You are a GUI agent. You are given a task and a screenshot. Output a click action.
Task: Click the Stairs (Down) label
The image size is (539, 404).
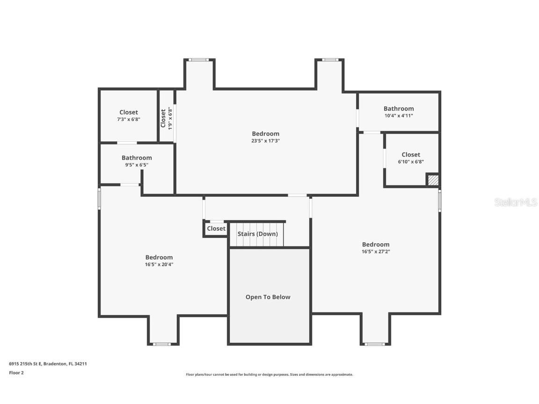coord(257,234)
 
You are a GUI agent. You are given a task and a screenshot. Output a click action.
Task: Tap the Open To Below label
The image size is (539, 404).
coord(268,297)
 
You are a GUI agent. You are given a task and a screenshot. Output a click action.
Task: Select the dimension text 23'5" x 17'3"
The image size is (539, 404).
coord(265,141)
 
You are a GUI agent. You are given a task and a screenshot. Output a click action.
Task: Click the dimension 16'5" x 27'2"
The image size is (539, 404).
coord(375,252)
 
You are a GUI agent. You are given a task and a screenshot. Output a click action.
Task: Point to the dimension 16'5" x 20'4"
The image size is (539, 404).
coord(159,264)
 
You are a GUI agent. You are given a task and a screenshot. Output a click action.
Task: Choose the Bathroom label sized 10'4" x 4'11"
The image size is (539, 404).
coord(399,108)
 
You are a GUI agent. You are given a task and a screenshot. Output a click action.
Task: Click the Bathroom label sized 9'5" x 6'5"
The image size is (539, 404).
coord(137,158)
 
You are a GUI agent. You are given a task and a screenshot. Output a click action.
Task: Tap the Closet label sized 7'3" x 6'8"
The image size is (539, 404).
coord(129,112)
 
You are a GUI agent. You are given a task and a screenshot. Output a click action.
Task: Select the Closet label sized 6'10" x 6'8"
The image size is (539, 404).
coord(411,154)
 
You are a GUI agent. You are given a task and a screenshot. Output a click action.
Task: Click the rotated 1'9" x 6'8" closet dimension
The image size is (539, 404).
coord(170,118)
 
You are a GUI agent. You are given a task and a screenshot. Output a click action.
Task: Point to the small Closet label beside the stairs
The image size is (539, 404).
coord(216,229)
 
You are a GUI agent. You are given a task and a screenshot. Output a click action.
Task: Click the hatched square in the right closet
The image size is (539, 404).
coord(433,180)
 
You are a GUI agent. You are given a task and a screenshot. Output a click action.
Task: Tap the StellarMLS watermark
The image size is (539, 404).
coord(516,202)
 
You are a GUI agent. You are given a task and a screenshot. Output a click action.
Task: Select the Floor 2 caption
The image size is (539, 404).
coord(16,373)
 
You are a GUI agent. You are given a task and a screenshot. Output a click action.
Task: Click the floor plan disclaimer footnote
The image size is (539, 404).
coord(269,375)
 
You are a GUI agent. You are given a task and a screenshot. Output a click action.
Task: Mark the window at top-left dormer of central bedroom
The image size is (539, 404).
coord(199,60)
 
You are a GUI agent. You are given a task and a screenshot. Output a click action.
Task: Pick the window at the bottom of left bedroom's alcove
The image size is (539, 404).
coord(162,344)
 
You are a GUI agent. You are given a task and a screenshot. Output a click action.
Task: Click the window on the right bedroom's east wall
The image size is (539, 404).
coord(439,201)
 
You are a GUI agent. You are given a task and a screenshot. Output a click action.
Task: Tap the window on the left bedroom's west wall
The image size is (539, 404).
coord(99,198)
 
